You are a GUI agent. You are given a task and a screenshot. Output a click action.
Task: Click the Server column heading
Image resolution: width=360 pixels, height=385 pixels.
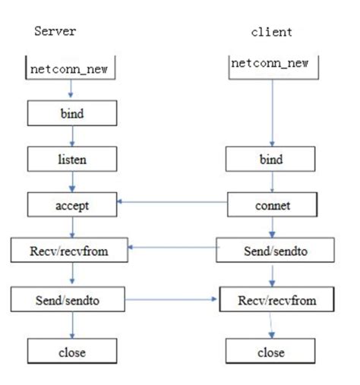(55, 31)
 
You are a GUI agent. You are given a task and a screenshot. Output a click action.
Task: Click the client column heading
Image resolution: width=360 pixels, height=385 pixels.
(271, 32)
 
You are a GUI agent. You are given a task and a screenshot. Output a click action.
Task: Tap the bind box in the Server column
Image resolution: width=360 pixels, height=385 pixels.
(71, 114)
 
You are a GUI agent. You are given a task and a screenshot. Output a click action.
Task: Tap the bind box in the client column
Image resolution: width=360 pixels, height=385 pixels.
(271, 160)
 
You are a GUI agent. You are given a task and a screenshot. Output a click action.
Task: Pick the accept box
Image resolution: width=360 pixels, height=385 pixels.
(71, 204)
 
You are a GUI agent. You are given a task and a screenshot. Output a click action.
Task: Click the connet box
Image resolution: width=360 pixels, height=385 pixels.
(271, 204)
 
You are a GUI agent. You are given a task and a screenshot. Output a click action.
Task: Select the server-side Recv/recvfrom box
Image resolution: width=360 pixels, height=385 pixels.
(71, 248)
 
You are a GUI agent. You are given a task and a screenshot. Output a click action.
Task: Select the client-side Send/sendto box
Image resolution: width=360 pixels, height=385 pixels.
(271, 248)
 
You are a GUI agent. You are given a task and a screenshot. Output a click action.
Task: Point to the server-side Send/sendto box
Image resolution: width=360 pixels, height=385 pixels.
(71, 301)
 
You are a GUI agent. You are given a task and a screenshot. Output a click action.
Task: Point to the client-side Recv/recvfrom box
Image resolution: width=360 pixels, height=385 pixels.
(277, 301)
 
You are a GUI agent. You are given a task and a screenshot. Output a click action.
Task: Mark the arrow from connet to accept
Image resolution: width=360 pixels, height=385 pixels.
(173, 202)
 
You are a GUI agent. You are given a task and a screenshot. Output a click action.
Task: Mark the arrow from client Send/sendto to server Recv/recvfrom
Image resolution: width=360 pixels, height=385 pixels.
(173, 247)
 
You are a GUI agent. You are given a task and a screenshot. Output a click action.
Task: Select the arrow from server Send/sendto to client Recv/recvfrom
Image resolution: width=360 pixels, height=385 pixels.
(173, 301)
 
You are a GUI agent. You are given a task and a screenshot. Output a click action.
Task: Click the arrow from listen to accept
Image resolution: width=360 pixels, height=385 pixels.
(71, 181)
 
